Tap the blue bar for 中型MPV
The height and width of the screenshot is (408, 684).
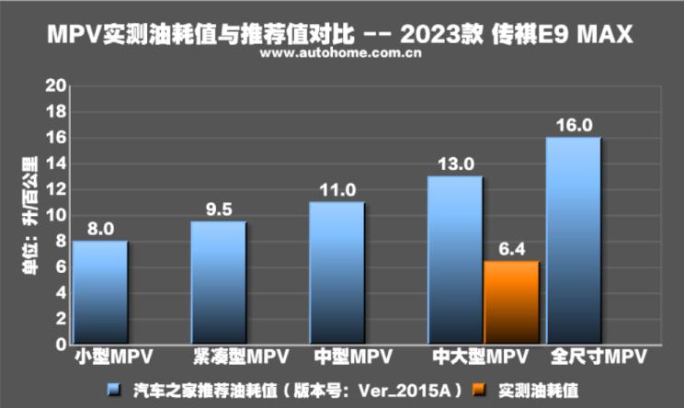click(336, 273)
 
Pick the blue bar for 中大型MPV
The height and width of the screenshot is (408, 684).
click(455, 260)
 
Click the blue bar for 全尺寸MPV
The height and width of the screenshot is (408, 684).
click(573, 241)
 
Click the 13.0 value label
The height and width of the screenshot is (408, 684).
click(455, 164)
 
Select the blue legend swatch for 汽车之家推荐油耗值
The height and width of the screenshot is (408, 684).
click(114, 391)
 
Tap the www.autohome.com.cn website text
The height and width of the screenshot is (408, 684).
click(341, 53)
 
